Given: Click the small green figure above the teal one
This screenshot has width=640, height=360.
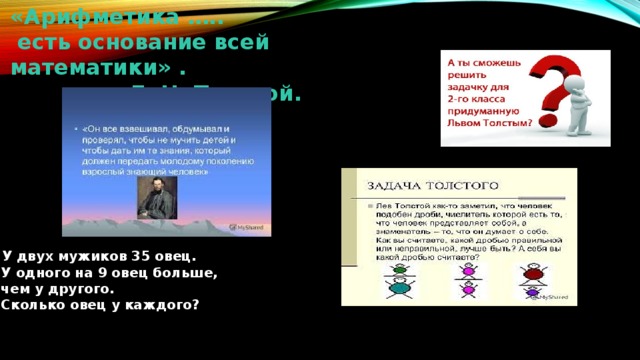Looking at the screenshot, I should pos(398,270).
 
